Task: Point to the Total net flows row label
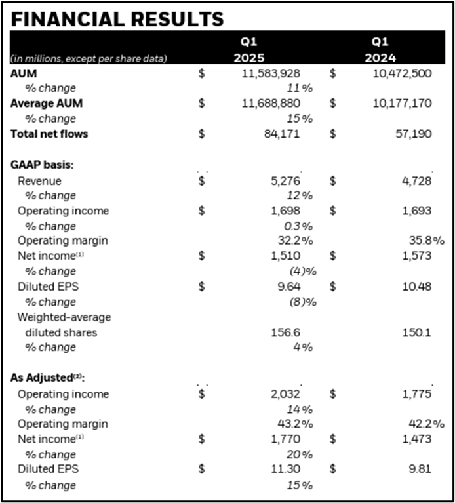tap(49, 134)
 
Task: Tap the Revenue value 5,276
tap(285, 181)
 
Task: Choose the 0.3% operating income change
tap(299, 226)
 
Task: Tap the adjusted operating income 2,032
tap(285, 394)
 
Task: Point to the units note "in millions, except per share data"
tap(89, 58)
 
